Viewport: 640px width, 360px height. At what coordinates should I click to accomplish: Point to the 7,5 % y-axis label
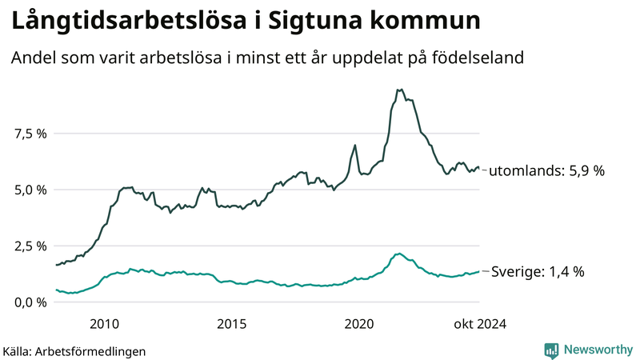[30, 134]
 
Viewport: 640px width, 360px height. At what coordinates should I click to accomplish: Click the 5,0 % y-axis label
[30, 190]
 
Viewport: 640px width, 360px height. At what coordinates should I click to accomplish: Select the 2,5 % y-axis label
[30, 246]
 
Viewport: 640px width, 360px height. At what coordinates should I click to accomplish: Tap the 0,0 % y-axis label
[30, 302]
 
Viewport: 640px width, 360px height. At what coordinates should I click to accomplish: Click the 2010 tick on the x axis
[106, 324]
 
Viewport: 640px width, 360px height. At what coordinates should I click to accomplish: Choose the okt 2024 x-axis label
[480, 324]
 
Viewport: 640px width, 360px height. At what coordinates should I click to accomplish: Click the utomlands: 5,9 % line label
[546, 170]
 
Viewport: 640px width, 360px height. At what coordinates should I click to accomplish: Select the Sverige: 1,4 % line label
[537, 271]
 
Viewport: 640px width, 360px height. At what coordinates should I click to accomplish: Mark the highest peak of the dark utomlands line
[400, 90]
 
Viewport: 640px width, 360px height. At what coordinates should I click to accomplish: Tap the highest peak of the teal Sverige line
[399, 253]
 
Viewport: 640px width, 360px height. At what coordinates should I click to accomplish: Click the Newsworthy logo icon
[551, 350]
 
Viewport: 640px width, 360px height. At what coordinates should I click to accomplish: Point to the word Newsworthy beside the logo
[598, 350]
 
